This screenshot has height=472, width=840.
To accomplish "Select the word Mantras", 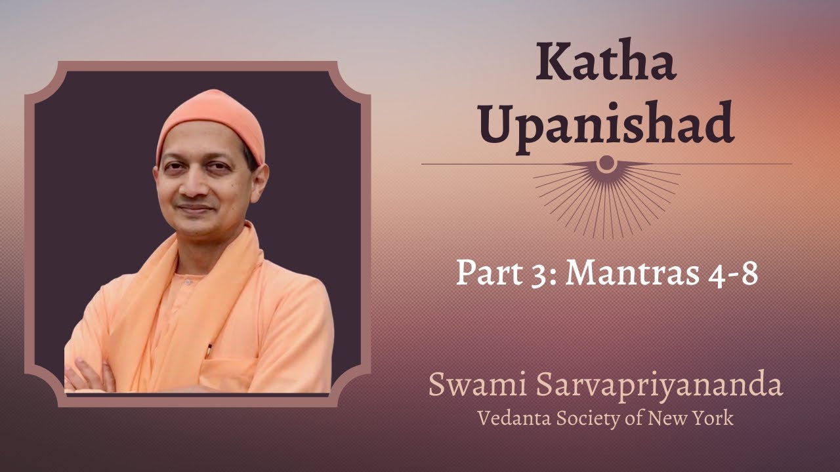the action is click(632, 273).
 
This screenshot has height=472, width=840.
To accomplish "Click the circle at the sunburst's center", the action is click(606, 163).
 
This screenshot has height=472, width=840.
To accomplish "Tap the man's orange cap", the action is click(212, 124).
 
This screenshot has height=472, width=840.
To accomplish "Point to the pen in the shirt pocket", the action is click(209, 351).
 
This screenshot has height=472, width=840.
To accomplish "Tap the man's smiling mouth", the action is click(196, 208).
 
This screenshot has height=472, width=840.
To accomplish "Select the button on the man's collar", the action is click(188, 282).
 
